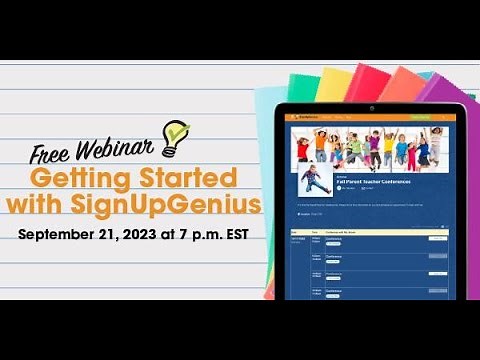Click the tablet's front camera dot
click(369, 107)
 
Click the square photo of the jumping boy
click(316, 180)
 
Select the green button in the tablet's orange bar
click(421, 118)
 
